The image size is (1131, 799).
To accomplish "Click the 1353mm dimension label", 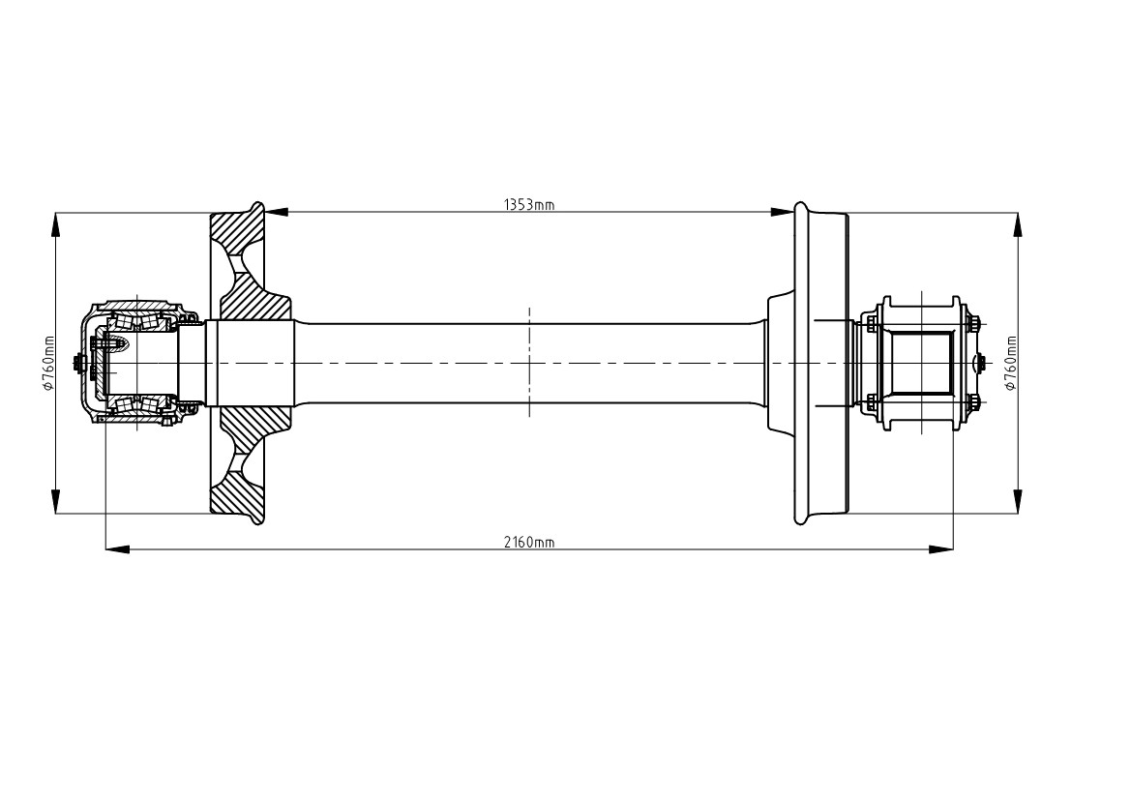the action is (x=528, y=205).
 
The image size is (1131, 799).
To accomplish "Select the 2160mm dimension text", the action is (x=528, y=543).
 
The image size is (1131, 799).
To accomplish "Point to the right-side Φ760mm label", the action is (x=1010, y=363).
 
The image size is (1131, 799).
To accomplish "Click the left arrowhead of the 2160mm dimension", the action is (x=118, y=549).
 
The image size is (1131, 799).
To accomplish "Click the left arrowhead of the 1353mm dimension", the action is (x=277, y=212).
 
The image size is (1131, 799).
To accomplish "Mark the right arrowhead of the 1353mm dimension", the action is (x=782, y=212).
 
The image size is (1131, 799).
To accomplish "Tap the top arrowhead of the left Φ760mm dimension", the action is (x=56, y=224).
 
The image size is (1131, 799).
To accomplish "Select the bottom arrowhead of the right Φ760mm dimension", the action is (x=1017, y=501).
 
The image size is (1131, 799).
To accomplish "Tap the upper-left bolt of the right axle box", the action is (x=872, y=321).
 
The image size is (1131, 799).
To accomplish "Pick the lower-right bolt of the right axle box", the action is (x=971, y=402).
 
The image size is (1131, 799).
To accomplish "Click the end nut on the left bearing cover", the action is (x=76, y=363).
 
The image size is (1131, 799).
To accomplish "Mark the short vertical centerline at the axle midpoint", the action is (x=530, y=362).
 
